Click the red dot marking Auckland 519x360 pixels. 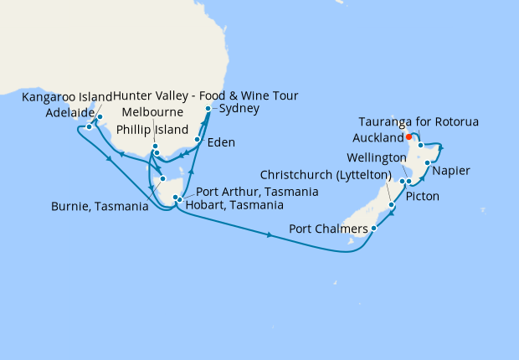[x=409, y=137]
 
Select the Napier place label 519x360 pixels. [x=451, y=171]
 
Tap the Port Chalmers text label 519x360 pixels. [x=328, y=229]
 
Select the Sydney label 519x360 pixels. [x=239, y=109]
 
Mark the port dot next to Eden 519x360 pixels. [x=198, y=141]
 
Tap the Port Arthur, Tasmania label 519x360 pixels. [x=256, y=192]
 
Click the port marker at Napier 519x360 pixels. [x=428, y=163]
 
